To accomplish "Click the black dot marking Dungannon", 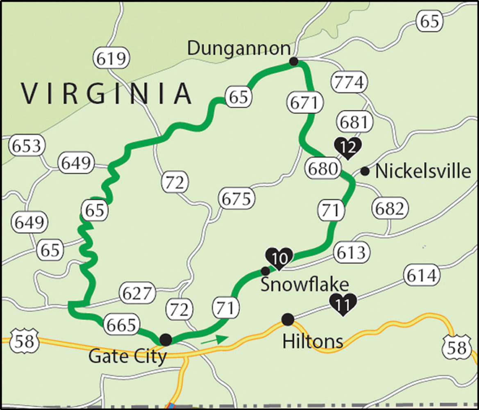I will point(293,61).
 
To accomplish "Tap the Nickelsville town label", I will point(423,171).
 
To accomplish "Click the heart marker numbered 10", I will point(279,258).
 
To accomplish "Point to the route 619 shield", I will point(111,59).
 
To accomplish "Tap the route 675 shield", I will point(236,199).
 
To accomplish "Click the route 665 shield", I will point(120,325).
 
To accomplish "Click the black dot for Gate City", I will point(166,339).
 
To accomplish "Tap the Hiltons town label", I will point(313,341).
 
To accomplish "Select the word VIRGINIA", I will point(107,93).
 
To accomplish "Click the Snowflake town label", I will point(305,284).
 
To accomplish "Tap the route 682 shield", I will point(390,209).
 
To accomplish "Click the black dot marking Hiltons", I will point(288,319).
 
